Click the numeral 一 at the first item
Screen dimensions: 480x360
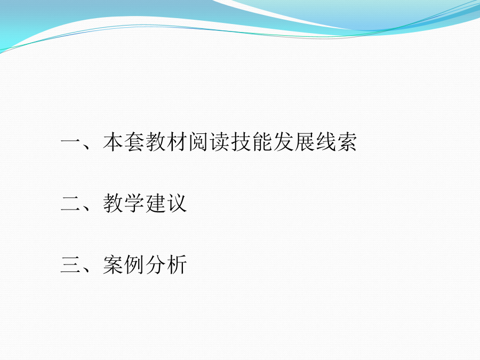[71, 141]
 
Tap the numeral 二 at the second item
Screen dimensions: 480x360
[71, 203]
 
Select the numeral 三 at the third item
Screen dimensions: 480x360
[71, 265]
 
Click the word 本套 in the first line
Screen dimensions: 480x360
[124, 142]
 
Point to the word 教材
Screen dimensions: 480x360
[166, 142]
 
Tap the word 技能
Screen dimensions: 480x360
[251, 142]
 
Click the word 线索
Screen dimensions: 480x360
[336, 142]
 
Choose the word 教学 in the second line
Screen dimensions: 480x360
[124, 203]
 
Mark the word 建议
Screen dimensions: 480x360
[166, 203]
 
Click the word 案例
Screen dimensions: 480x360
[124, 265]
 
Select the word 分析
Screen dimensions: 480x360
[166, 265]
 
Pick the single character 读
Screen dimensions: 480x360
[220, 142]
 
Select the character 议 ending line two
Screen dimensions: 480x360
[177, 203]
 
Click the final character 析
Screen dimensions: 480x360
[177, 265]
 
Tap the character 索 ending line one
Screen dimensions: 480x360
[347, 142]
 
